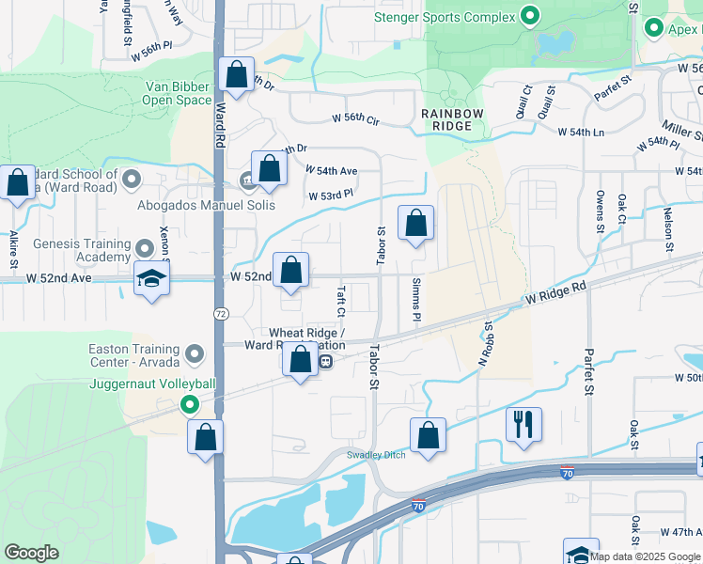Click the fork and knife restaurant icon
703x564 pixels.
pyautogui.click(x=523, y=423)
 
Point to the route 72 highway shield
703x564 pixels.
pyautogui.click(x=219, y=312)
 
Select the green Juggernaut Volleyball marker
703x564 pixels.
pyautogui.click(x=189, y=405)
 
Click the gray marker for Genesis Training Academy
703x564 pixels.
pyautogui.click(x=144, y=249)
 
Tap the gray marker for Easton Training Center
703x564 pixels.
pyautogui.click(x=195, y=354)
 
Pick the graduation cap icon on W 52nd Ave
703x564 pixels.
pyautogui.click(x=150, y=279)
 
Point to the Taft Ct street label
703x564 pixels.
pyautogui.click(x=340, y=301)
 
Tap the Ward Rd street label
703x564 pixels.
pyautogui.click(x=220, y=123)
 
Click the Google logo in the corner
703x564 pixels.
pyautogui.click(x=31, y=553)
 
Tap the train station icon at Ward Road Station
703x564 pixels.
pyautogui.click(x=325, y=361)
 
